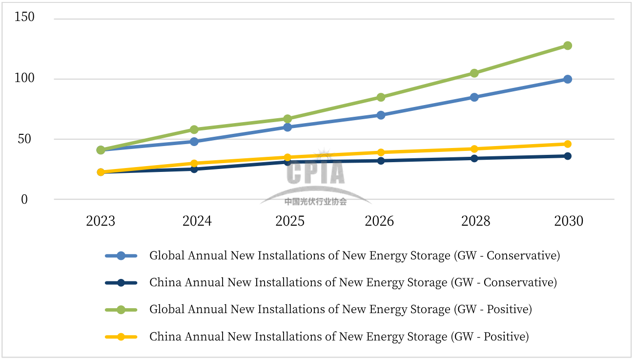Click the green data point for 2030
568,45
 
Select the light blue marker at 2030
568,79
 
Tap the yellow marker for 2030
568,144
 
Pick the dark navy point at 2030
568,156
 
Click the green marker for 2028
474,73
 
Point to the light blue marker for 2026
381,115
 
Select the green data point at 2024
194,129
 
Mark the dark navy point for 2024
194,169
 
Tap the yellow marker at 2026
381,152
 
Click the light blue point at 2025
287,127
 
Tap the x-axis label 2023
101,221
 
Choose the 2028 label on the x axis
476,221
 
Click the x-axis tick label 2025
290,221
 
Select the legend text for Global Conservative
354,255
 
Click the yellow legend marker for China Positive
121,337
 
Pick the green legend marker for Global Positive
121,310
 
